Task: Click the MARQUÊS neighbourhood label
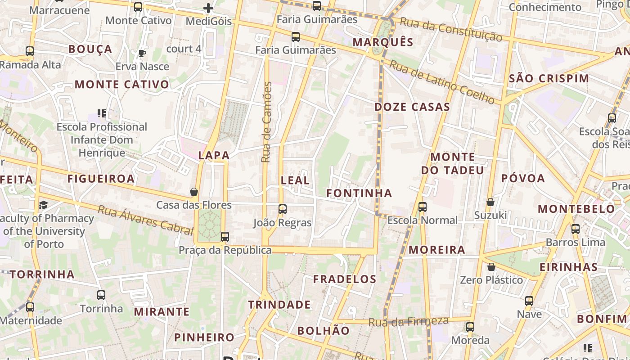[383, 42]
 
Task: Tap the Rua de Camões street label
[267, 122]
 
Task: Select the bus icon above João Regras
[283, 209]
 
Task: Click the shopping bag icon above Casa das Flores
[194, 192]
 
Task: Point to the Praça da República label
[225, 250]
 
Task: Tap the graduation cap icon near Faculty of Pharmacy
[43, 205]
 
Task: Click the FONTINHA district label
[359, 193]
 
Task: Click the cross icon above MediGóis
[208, 8]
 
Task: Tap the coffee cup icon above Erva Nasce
[142, 54]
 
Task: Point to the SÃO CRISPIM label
[549, 78]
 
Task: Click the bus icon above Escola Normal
[422, 207]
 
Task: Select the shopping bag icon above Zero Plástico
[491, 267]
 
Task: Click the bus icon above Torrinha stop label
[101, 295]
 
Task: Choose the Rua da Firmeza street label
[409, 321]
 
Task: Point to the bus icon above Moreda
[470, 327]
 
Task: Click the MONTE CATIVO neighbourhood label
[122, 84]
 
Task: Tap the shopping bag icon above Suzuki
[490, 202]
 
